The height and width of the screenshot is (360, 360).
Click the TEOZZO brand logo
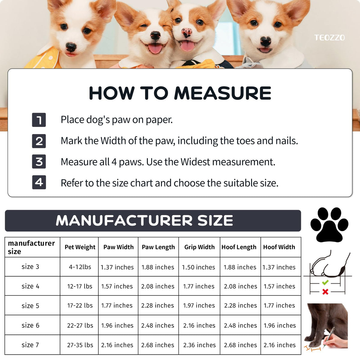(329, 37)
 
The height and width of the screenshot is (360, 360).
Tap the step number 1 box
(39, 120)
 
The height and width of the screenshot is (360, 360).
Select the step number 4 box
(39, 182)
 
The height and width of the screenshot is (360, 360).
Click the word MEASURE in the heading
(223, 93)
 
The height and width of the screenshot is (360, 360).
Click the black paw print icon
(329, 225)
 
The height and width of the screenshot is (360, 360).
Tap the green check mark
(325, 282)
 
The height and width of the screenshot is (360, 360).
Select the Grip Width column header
(199, 247)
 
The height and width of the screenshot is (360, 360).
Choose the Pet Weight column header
(80, 247)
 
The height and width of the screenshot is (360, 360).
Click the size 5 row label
(30, 306)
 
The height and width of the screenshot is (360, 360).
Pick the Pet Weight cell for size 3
(80, 267)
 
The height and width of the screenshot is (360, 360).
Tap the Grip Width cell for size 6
(199, 325)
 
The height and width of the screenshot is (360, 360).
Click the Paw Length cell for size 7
(158, 345)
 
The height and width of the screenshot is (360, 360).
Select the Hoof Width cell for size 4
(279, 286)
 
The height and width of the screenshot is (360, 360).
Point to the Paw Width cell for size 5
(117, 305)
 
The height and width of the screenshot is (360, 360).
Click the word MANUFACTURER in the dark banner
(124, 220)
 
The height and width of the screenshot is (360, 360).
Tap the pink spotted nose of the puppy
(187, 32)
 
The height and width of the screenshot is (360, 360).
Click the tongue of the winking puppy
(155, 48)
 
